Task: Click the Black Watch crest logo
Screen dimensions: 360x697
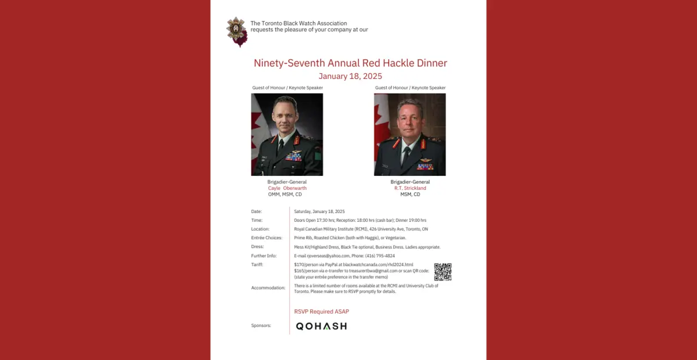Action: click(237, 31)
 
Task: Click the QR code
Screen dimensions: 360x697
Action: click(443, 272)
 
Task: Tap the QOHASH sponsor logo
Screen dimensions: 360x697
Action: click(321, 326)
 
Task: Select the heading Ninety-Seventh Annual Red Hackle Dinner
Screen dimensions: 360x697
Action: click(350, 63)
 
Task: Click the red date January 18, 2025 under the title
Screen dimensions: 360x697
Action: click(350, 76)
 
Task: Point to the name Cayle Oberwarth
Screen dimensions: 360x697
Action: click(287, 188)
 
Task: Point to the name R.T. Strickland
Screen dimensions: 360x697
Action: click(410, 188)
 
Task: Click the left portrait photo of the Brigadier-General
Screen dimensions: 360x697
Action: click(287, 135)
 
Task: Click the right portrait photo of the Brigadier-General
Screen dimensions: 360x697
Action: click(410, 135)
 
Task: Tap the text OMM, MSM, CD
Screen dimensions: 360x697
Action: click(285, 195)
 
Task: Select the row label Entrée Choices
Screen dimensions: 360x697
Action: click(267, 238)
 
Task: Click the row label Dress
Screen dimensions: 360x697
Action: click(257, 247)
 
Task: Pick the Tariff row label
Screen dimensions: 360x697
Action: click(257, 265)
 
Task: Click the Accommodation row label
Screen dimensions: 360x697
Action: click(268, 288)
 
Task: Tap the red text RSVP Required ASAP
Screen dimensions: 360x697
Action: click(322, 312)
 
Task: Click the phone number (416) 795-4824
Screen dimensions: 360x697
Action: click(382, 256)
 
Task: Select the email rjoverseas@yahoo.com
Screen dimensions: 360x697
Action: click(328, 256)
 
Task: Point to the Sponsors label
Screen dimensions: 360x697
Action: click(261, 326)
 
